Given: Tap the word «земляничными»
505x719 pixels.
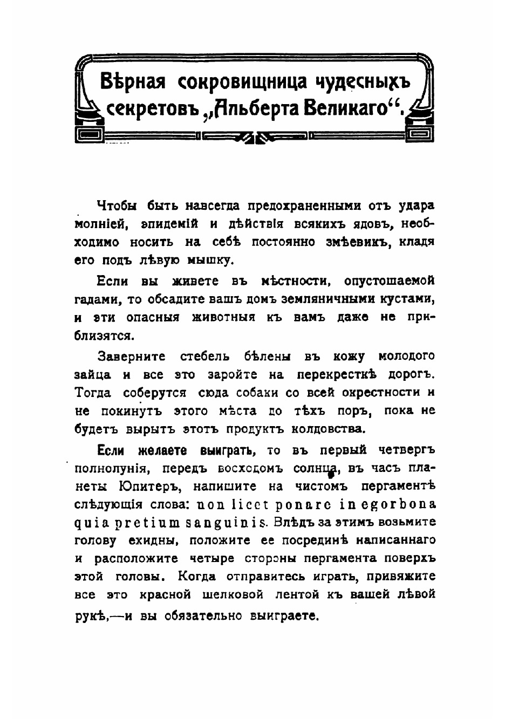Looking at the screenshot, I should click(x=322, y=299).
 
